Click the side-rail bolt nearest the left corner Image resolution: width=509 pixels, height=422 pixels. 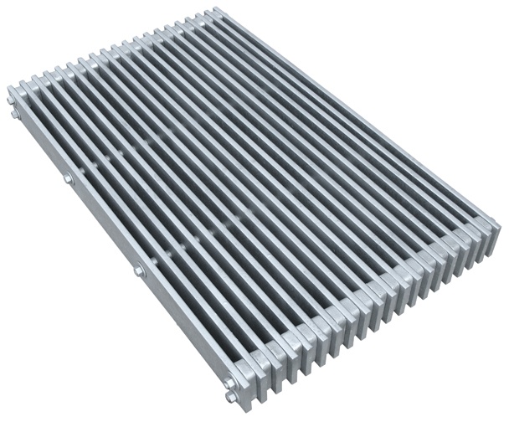tap(66, 179)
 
